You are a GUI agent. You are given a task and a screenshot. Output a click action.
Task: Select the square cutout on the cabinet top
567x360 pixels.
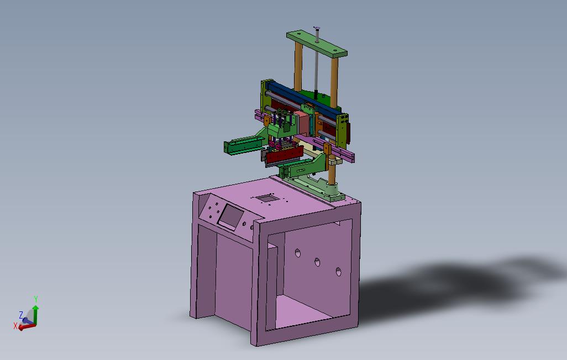[x=266, y=197]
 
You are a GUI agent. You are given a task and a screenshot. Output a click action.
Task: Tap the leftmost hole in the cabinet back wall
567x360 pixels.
[x=297, y=253]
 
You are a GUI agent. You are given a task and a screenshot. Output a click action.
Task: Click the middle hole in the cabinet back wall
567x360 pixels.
[x=318, y=262]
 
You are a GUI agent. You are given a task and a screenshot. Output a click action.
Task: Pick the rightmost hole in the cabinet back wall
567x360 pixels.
[x=338, y=271]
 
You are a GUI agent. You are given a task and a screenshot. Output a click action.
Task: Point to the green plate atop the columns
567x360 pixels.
[x=317, y=45]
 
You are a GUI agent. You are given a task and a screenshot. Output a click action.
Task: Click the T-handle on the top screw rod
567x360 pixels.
[x=317, y=28]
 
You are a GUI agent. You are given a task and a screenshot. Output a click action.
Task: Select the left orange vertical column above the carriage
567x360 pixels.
[x=298, y=69]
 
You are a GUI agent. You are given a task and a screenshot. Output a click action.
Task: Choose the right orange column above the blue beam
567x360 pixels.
[x=334, y=80]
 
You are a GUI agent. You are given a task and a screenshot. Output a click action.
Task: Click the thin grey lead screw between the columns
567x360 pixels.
[x=316, y=66]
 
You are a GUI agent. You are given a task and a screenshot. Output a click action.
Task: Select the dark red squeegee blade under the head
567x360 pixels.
[x=283, y=155]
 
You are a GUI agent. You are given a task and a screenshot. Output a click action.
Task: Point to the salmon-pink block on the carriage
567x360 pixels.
[x=302, y=123]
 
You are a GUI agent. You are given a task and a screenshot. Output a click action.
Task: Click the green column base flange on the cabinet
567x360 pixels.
[x=334, y=194]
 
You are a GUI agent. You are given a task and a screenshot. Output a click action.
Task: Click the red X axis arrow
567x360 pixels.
[x=25, y=326]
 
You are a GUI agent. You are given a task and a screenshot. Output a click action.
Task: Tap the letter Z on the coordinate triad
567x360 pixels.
[x=21, y=315]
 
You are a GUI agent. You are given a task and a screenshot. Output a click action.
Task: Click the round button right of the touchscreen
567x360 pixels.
[x=253, y=227]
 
